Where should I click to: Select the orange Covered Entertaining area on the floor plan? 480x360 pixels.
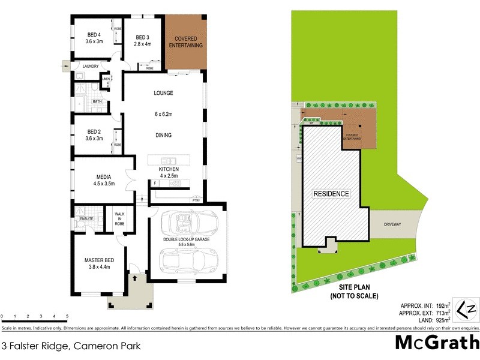[x=185, y=42]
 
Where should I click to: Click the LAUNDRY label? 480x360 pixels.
[x=91, y=66]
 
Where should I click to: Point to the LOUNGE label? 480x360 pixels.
[x=163, y=93]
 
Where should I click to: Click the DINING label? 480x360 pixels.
[x=163, y=135]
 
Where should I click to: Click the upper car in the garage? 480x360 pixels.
[x=186, y=224]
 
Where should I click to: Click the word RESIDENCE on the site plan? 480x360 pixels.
[x=331, y=194]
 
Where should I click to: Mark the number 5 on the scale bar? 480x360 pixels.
[x=67, y=316]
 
